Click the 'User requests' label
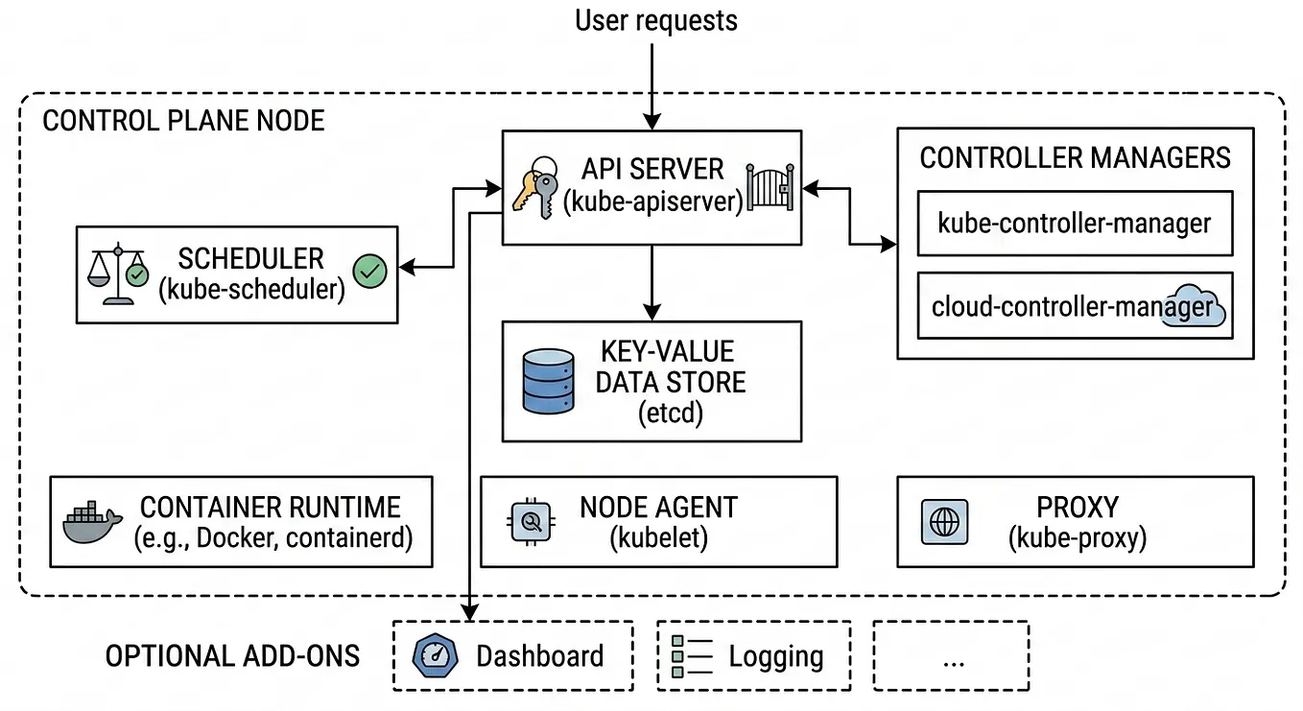pyautogui.click(x=656, y=21)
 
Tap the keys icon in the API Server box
pyautogui.click(x=535, y=187)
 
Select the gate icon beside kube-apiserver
pyautogui.click(x=770, y=187)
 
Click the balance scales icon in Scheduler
pyautogui.click(x=118, y=273)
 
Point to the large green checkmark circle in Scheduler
pyautogui.click(x=370, y=272)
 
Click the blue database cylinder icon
pyautogui.click(x=548, y=381)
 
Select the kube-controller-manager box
pyautogui.click(x=1075, y=224)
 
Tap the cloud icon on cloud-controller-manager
pyautogui.click(x=1194, y=305)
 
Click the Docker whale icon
pyautogui.click(x=92, y=522)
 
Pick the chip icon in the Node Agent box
pyautogui.click(x=532, y=522)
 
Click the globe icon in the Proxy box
pyautogui.click(x=945, y=522)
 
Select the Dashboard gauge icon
pyautogui.click(x=435, y=655)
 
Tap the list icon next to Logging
pyautogui.click(x=692, y=656)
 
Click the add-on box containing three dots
pyautogui.click(x=951, y=656)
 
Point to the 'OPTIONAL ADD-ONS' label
pyautogui.click(x=232, y=656)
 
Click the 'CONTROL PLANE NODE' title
pyautogui.click(x=184, y=121)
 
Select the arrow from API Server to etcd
pyautogui.click(x=652, y=283)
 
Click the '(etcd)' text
pyautogui.click(x=671, y=414)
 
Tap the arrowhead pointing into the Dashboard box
pyautogui.click(x=470, y=613)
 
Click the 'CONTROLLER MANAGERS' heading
pyautogui.click(x=1075, y=157)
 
